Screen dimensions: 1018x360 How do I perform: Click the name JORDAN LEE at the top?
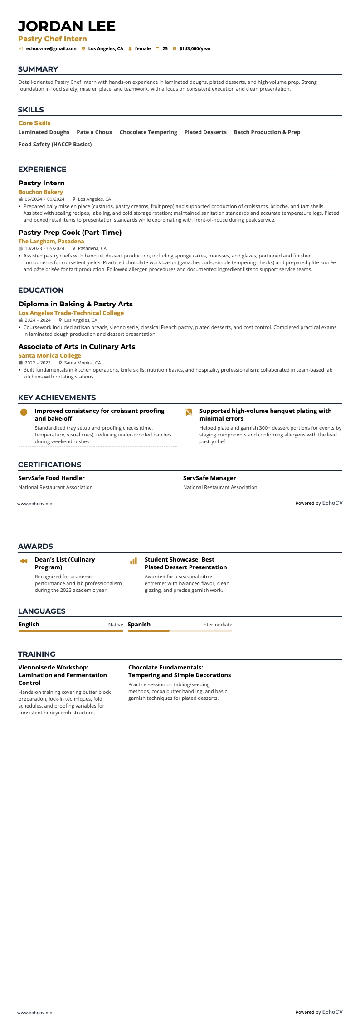click(x=67, y=26)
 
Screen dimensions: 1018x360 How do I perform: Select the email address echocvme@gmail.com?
click(x=51, y=48)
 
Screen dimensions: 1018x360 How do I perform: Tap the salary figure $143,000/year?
click(x=195, y=48)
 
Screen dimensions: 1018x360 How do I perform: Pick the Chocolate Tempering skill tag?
click(x=148, y=132)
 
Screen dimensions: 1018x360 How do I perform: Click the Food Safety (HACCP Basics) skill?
click(x=55, y=145)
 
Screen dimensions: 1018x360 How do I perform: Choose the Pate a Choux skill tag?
click(x=94, y=132)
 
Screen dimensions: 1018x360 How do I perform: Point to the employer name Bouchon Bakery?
click(x=40, y=192)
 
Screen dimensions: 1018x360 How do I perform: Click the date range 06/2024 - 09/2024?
click(x=44, y=199)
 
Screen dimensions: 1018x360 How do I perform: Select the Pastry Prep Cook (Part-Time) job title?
click(x=70, y=233)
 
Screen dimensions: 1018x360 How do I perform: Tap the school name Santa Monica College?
click(x=49, y=356)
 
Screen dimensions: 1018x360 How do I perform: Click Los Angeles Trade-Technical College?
click(x=71, y=313)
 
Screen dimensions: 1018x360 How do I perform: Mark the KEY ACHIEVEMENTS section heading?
click(x=57, y=398)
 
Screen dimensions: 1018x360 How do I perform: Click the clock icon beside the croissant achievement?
click(x=24, y=412)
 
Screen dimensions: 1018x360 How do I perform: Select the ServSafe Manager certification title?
click(x=209, y=478)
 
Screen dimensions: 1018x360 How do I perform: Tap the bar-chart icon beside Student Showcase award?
click(x=133, y=561)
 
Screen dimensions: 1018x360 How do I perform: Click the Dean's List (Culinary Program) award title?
click(x=65, y=563)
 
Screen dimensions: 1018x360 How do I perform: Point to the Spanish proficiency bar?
click(x=180, y=631)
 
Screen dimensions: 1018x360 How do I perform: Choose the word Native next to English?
click(x=116, y=625)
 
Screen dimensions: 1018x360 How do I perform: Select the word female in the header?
click(x=143, y=48)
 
